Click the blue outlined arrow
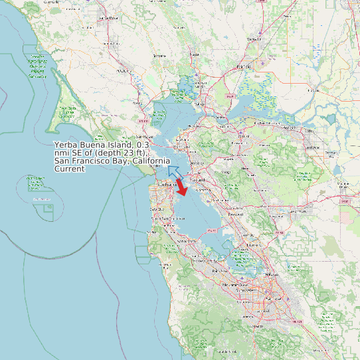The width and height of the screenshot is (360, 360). (174, 171)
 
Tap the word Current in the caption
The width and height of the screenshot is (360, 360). (70, 169)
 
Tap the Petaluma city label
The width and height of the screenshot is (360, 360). (123, 69)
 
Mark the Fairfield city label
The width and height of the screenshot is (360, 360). (244, 67)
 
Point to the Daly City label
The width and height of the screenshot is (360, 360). (158, 208)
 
